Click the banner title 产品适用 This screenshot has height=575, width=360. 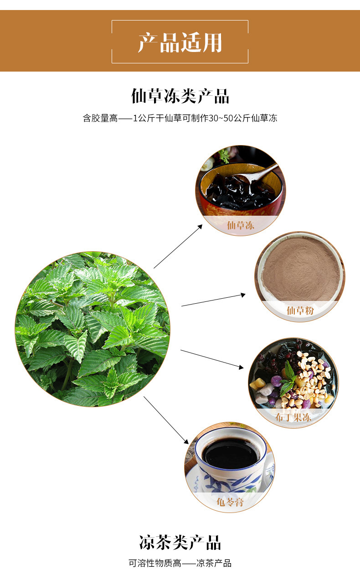pyautogui.click(x=180, y=42)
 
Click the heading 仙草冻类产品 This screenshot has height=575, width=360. pyautogui.click(x=180, y=96)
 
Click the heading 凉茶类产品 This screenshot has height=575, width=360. pyautogui.click(x=180, y=543)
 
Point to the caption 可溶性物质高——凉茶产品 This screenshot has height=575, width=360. pyautogui.click(x=180, y=563)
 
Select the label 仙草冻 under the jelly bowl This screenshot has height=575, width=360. pyautogui.click(x=241, y=225)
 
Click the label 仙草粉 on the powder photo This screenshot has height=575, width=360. pyautogui.click(x=300, y=311)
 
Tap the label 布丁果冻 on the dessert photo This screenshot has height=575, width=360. pyautogui.click(x=293, y=417)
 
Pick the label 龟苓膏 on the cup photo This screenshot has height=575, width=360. pyautogui.click(x=230, y=502)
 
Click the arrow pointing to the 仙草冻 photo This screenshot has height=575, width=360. pyautogui.click(x=178, y=246)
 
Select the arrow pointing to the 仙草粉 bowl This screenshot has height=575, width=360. pyautogui.click(x=213, y=300)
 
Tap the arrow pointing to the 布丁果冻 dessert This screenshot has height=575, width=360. pyautogui.click(x=212, y=359)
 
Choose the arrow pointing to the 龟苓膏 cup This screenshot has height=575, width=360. pyautogui.click(x=166, y=420)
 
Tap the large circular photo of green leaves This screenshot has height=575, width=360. pyautogui.click(x=93, y=329)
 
